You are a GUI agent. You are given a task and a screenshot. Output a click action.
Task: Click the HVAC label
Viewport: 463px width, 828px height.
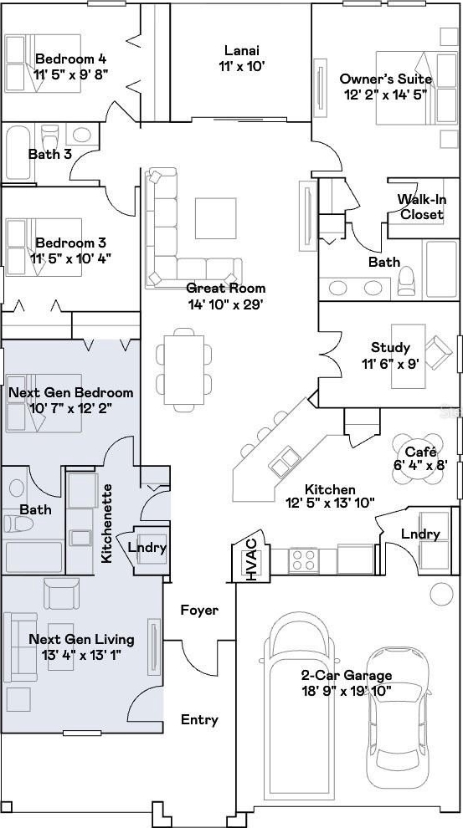pos(253,560)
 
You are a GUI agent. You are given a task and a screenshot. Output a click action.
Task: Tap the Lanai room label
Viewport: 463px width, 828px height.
pos(241,51)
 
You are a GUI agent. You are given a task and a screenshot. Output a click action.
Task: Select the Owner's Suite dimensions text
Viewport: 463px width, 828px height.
pos(385,96)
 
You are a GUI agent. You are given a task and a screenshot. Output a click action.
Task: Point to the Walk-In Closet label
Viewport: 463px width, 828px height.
pos(421,207)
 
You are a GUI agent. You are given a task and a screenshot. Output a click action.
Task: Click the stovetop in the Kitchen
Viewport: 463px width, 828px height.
pos(304,560)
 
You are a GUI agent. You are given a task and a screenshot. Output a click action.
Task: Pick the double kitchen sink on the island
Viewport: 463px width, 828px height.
pos(285,461)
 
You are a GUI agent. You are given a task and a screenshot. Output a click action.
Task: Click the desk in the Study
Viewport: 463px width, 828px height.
pos(408,356)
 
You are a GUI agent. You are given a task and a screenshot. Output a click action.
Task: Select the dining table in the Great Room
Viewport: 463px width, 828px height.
pos(184,370)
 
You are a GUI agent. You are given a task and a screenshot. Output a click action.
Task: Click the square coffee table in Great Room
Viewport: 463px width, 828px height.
pos(215,218)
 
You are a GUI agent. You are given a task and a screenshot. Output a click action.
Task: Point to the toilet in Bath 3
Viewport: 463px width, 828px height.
pos(49,138)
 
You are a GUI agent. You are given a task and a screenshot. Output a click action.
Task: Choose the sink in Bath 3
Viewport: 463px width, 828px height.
pos(81,135)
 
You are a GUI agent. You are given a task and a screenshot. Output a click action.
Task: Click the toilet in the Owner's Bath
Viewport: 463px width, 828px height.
pos(406,282)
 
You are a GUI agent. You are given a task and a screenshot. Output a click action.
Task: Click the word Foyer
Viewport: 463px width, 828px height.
pos(199,610)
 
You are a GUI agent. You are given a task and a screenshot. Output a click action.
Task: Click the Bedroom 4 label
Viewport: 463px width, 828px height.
pos(72,58)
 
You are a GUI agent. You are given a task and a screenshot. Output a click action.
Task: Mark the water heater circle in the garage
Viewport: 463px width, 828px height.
pos(441,594)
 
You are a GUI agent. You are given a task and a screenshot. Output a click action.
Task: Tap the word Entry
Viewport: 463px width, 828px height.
pos(200,720)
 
